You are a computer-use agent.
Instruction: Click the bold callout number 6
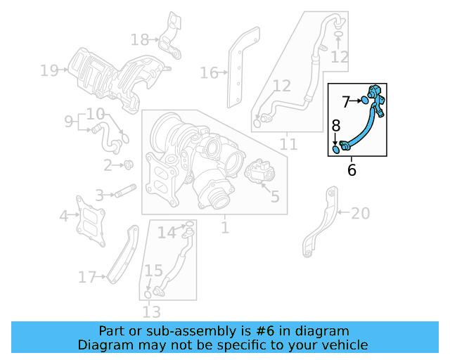pos(352,169)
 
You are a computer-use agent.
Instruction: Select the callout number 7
pos(347,102)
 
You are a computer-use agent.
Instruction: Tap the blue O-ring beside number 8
pos(336,148)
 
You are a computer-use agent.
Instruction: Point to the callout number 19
pos(49,70)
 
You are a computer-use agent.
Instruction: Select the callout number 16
pos(209,72)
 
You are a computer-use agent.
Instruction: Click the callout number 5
pos(274,197)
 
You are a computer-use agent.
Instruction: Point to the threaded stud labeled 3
pos(125,191)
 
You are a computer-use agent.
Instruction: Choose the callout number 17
pos(86,278)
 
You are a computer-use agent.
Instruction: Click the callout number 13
pos(151,311)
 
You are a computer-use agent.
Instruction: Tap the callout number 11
pos(288,145)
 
